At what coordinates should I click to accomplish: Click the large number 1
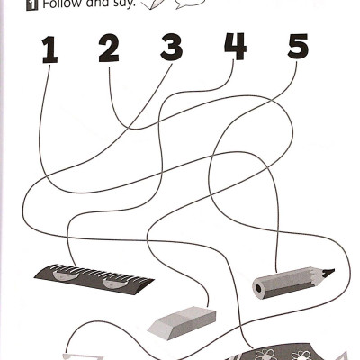coord(49,49)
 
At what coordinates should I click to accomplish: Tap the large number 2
coord(109,49)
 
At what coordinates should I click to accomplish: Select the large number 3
coord(172,48)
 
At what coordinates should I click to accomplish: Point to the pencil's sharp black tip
coord(328,271)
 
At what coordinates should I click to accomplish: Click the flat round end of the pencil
coord(258,289)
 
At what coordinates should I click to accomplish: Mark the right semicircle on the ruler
coord(114,286)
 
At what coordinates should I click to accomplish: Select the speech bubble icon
coord(186,5)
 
